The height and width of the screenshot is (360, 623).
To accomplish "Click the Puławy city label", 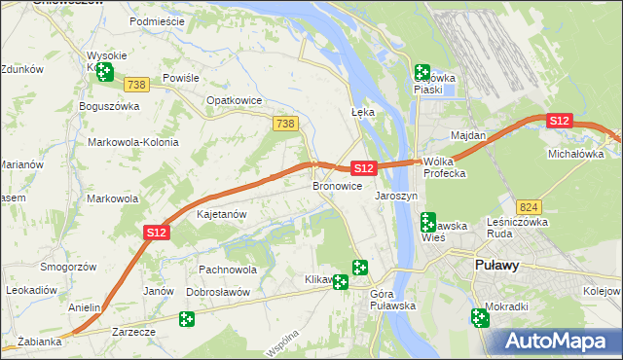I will (496, 265).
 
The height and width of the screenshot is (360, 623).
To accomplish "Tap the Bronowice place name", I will (337, 185).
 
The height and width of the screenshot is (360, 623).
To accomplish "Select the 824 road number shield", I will (529, 207).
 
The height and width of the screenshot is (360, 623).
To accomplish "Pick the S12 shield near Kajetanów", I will (158, 233).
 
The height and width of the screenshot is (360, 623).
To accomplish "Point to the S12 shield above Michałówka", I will (559, 121).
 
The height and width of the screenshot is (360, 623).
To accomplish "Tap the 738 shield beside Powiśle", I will (137, 86).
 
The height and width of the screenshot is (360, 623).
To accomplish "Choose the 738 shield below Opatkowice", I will (285, 124).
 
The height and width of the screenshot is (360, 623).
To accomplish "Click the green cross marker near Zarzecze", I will (187, 318).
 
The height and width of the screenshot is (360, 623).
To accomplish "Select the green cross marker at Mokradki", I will (480, 316).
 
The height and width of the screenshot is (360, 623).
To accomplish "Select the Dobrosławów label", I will (219, 292).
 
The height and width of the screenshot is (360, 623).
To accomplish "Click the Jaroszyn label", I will (396, 196).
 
